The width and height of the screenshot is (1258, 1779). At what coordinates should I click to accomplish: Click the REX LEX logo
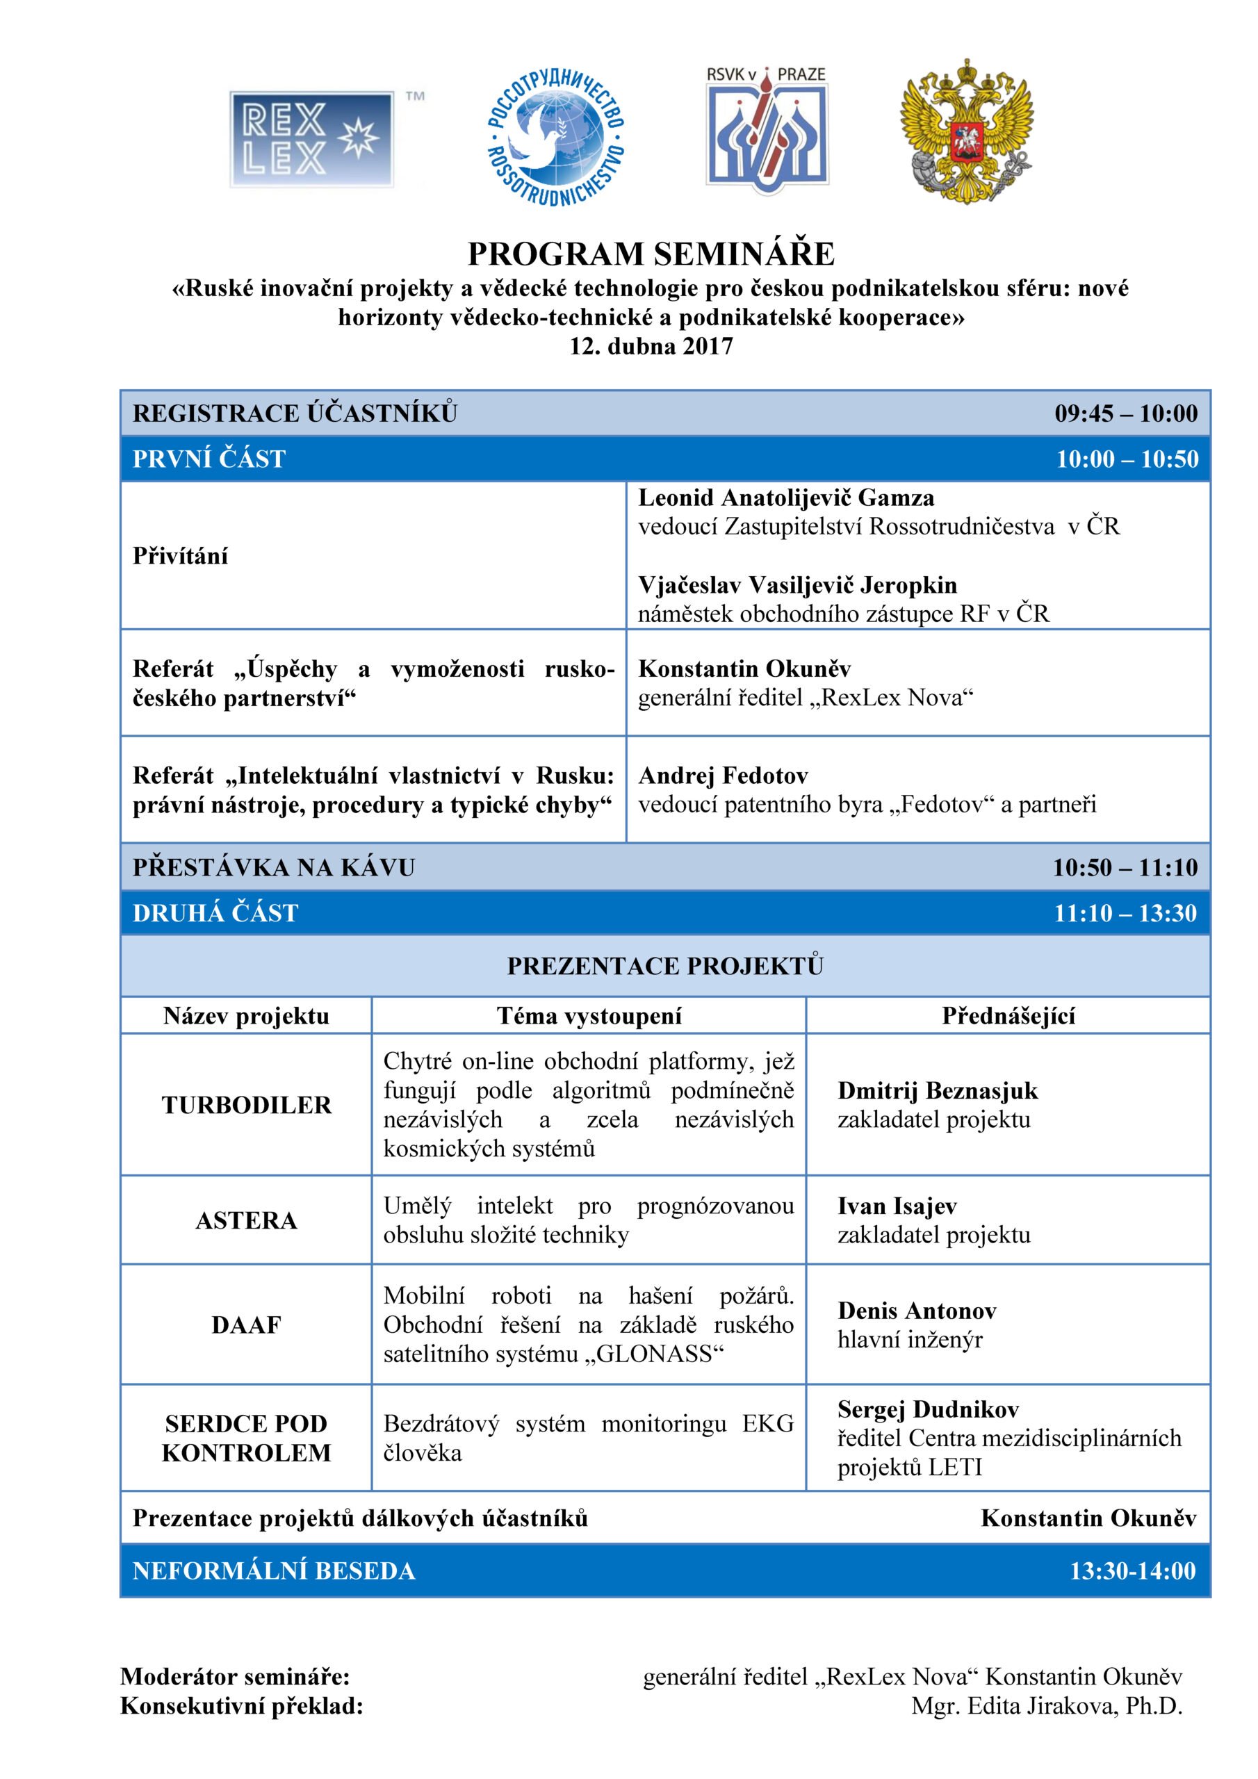click(311, 139)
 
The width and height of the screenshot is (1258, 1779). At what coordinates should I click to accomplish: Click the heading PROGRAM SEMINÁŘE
click(651, 254)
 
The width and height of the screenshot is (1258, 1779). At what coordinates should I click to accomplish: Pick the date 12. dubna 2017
click(651, 345)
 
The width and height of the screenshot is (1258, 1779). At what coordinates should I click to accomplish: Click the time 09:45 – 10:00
click(1125, 413)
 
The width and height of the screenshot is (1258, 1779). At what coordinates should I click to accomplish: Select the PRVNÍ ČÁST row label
click(209, 459)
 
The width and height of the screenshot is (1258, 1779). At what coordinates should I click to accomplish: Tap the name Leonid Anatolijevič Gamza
click(786, 498)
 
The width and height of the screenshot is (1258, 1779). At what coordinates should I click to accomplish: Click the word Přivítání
click(181, 555)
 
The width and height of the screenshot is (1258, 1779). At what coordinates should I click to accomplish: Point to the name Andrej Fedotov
click(723, 776)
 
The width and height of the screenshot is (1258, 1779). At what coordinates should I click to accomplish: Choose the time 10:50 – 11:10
click(1125, 867)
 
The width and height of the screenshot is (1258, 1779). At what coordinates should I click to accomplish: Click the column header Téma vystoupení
click(589, 1016)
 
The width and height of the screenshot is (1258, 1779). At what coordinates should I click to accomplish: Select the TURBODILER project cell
click(247, 1105)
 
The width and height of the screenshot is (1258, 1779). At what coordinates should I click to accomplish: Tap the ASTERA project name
click(247, 1220)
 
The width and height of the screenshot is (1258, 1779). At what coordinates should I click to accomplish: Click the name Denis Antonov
click(917, 1310)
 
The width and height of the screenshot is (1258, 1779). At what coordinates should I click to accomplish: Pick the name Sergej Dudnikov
click(928, 1409)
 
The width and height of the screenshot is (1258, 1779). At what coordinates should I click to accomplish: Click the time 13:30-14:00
click(1132, 1571)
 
